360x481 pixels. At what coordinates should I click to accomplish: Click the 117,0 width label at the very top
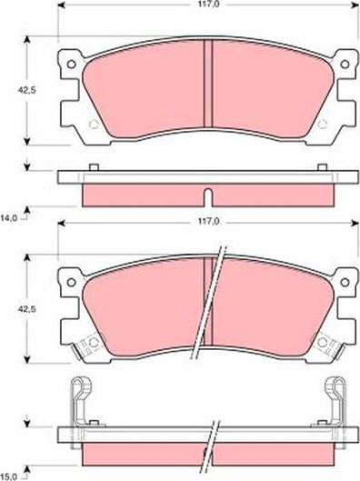pos(208,5)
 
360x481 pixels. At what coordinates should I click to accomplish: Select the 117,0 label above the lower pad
pos(208,221)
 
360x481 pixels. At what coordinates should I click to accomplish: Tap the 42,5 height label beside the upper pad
pos(13,91)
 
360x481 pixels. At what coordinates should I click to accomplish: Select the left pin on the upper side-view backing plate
pos(94,167)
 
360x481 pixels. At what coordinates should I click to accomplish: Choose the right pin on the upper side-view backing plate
pos(323,167)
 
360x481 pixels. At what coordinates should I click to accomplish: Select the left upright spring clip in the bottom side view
pos(78,398)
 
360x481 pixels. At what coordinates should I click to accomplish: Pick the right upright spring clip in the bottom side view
pos(337,398)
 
